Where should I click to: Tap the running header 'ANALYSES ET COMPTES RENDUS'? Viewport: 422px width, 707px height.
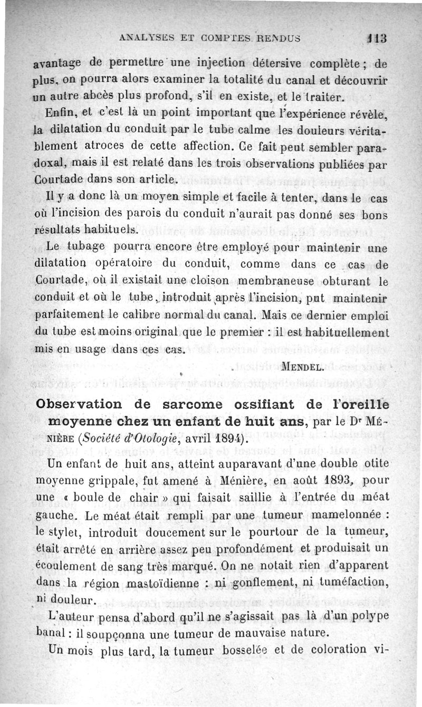tap(210, 38)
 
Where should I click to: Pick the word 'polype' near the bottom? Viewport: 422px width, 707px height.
tap(368, 616)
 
